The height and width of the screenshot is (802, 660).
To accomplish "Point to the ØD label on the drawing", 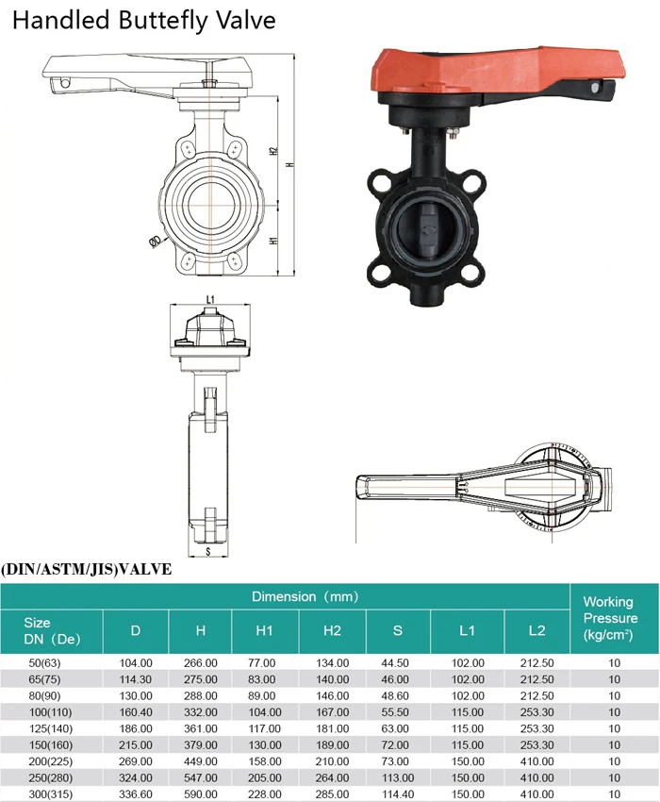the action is tap(156, 241).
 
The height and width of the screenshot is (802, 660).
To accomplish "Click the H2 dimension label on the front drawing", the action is tap(273, 151).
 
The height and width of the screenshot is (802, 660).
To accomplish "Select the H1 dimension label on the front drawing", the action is tap(273, 240).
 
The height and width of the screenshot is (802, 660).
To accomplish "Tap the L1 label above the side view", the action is tap(210, 299).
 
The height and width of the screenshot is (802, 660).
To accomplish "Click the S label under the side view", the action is tap(208, 551).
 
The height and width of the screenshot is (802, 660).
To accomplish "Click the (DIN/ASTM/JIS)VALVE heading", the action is tap(87, 569).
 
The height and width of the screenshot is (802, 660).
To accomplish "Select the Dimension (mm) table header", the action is tap(305, 596).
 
